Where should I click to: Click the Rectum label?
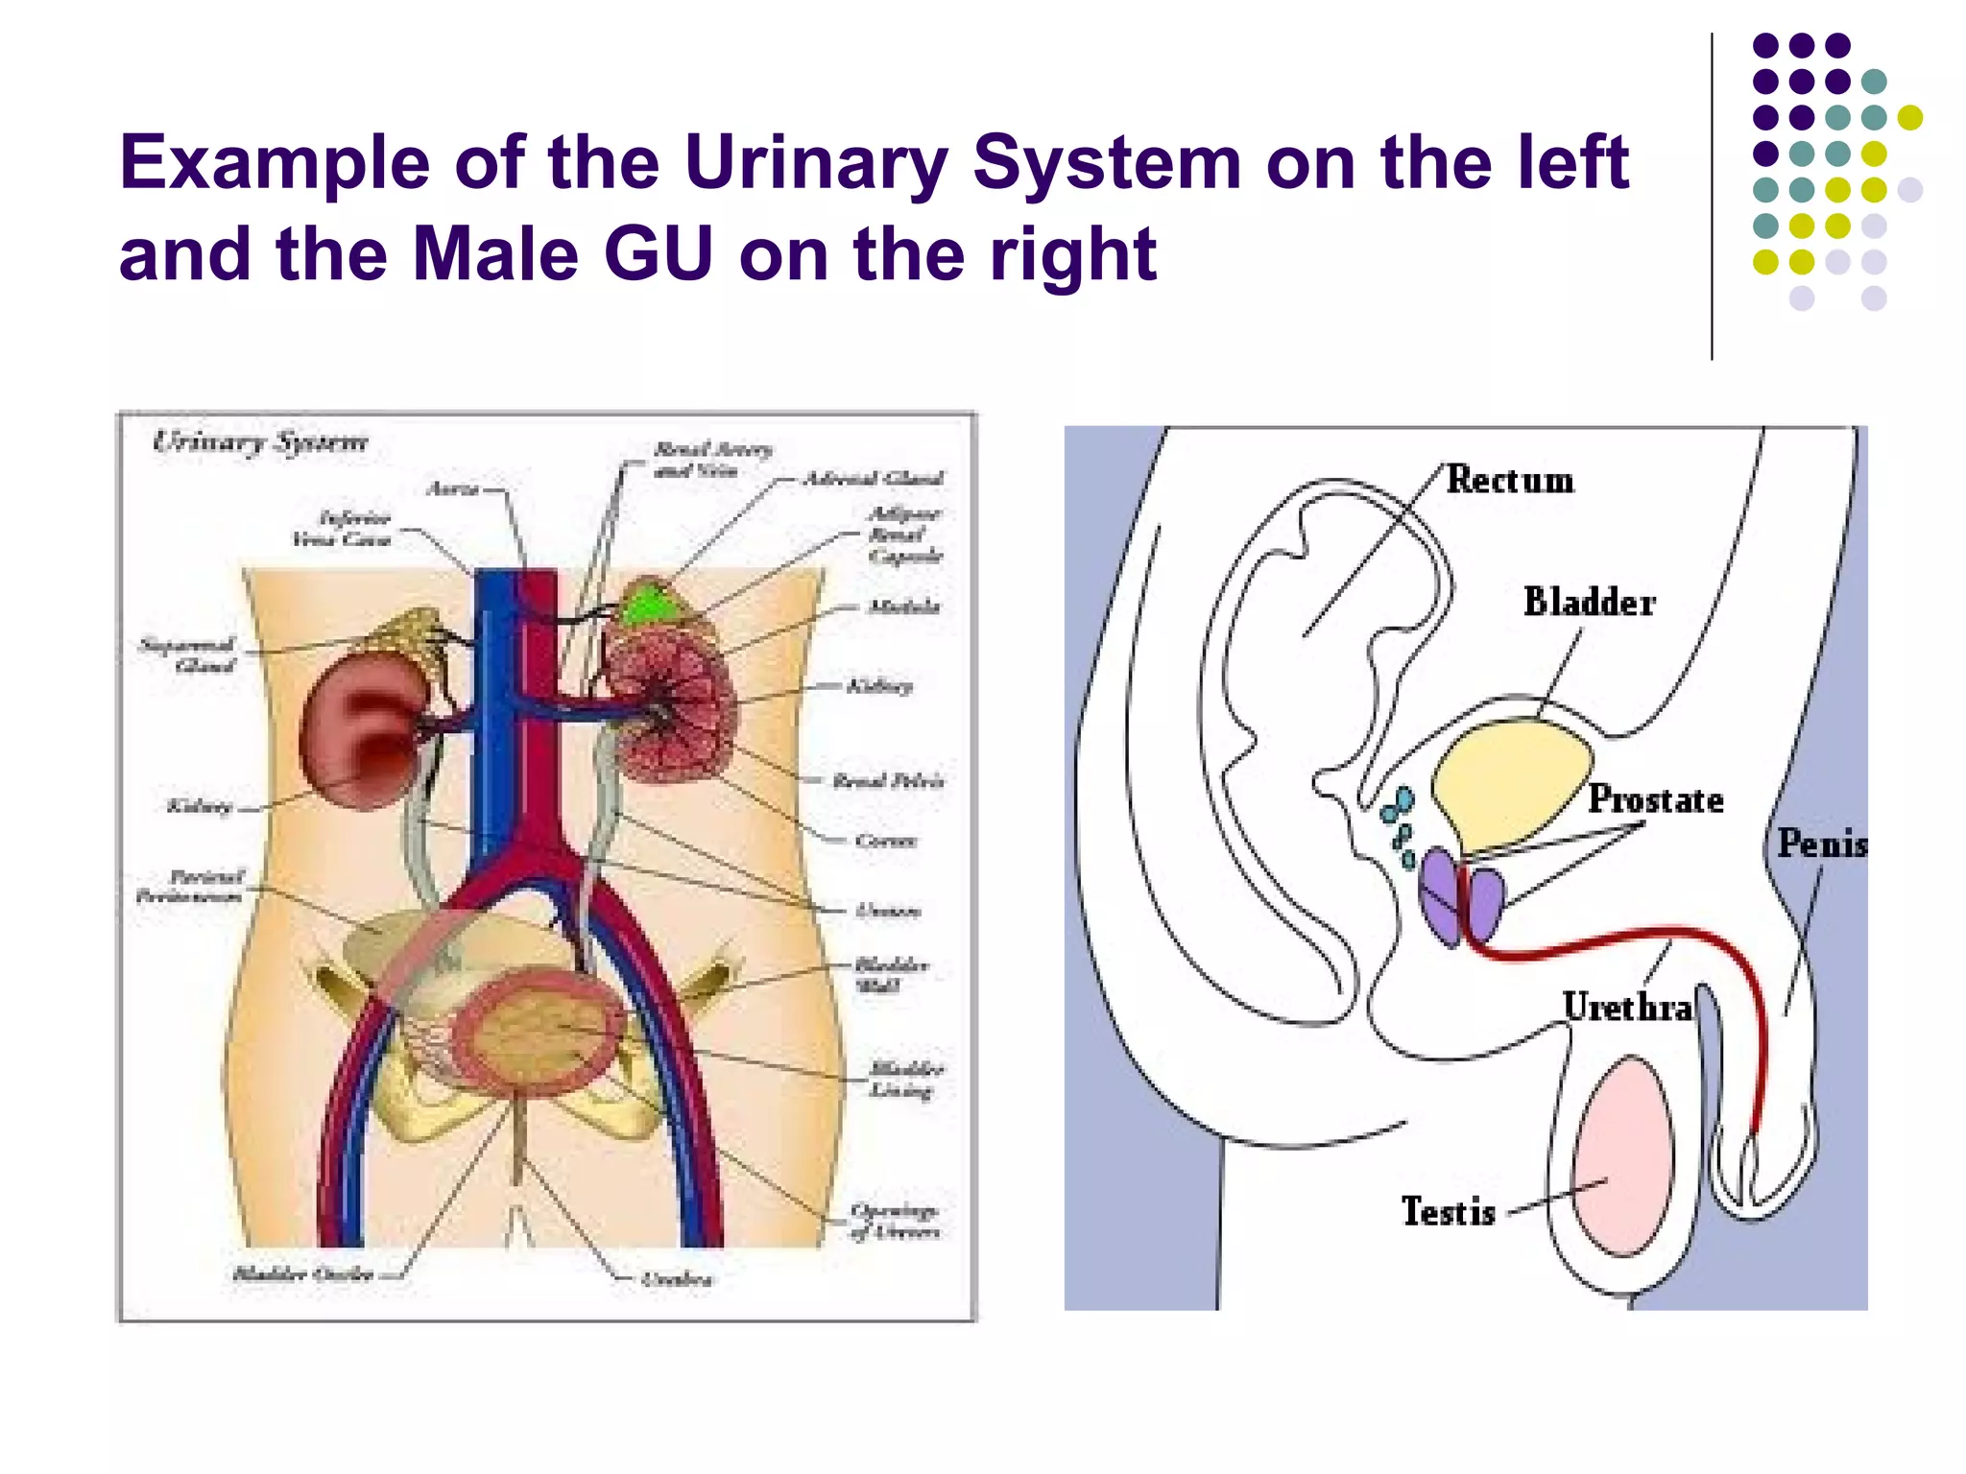click(1510, 480)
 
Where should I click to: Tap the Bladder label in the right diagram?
click(1589, 603)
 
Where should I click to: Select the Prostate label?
click(1655, 799)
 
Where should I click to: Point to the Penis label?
click(1821, 844)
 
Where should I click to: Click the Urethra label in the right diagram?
click(1627, 1008)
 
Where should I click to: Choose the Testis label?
click(1448, 1211)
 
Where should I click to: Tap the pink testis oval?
click(1622, 1156)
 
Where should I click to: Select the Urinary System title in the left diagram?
click(260, 442)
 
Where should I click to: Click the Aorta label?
click(452, 489)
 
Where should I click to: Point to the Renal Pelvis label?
click(888, 781)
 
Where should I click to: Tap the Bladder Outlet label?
click(303, 1274)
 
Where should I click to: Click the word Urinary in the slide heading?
click(816, 163)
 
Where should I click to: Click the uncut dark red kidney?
click(360, 734)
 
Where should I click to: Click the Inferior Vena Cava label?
click(343, 529)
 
